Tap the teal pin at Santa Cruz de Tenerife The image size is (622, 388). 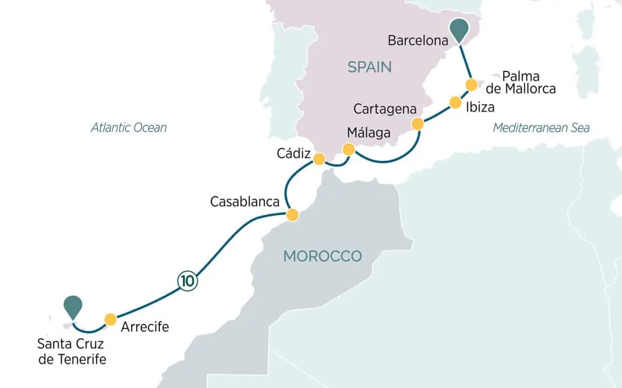(x=73, y=306)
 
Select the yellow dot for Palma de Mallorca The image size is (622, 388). (x=471, y=85)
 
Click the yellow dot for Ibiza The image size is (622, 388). (x=455, y=103)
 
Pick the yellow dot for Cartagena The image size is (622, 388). (x=417, y=124)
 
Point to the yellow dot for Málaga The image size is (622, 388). (x=349, y=150)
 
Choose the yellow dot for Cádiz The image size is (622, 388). (x=319, y=159)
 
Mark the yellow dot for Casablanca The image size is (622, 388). (x=292, y=215)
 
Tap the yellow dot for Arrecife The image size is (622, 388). (x=110, y=318)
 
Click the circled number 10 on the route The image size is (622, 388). (x=188, y=280)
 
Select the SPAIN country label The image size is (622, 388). (x=369, y=67)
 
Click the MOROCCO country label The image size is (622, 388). (x=322, y=256)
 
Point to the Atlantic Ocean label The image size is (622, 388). (x=129, y=127)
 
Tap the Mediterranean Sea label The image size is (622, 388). (x=541, y=127)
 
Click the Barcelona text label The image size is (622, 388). (x=418, y=41)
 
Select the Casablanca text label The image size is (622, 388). (x=244, y=202)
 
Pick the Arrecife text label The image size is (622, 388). (x=145, y=326)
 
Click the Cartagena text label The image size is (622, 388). (x=385, y=108)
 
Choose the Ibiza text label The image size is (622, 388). (x=481, y=106)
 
